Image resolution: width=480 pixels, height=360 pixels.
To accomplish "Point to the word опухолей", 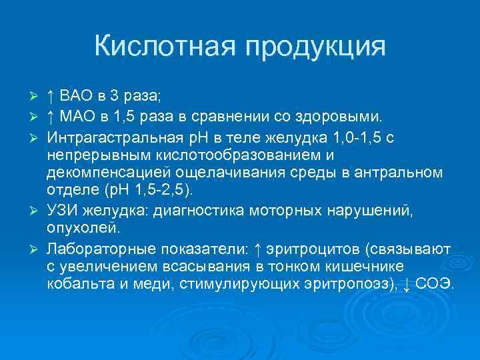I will (x=83, y=229).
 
